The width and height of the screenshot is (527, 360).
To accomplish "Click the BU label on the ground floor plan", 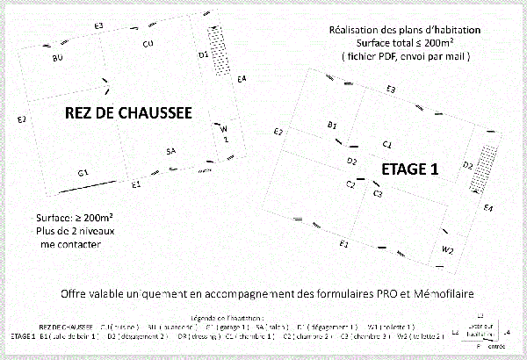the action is click(x=58, y=57).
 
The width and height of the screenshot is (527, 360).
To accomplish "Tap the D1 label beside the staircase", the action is click(x=202, y=54).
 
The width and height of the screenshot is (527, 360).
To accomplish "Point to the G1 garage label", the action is click(x=83, y=171).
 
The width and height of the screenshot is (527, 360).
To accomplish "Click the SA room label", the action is click(x=171, y=152).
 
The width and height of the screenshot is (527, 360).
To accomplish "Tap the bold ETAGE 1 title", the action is click(x=410, y=169).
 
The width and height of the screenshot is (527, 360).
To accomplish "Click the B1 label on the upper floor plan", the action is click(x=332, y=126).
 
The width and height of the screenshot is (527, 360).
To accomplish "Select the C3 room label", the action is click(x=377, y=192).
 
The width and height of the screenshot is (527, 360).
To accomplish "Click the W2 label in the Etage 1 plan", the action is click(x=447, y=250).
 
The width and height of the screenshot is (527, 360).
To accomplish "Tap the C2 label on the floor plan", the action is click(x=350, y=183).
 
